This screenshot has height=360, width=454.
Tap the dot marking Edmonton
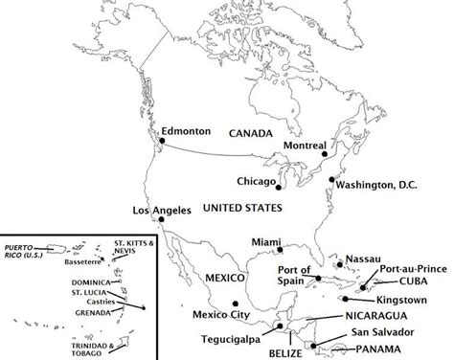(162, 142)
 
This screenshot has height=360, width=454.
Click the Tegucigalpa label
(233, 337)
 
